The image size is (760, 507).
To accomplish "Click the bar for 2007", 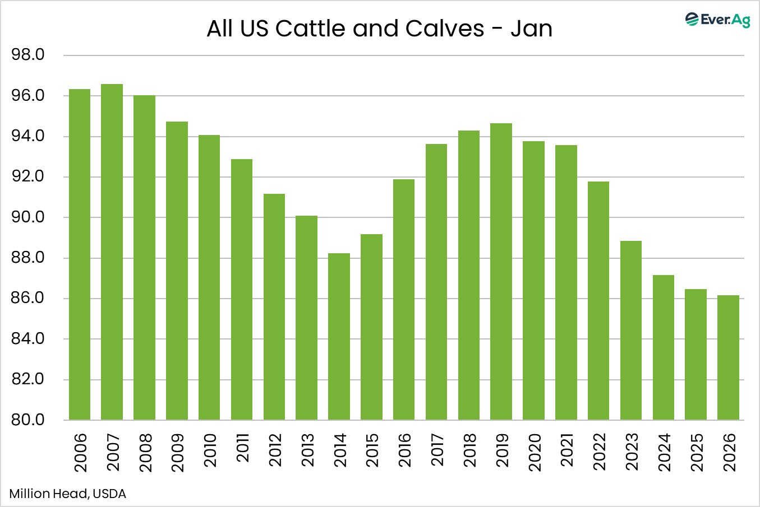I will click(x=112, y=252).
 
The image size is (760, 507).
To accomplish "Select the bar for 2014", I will click(x=339, y=336).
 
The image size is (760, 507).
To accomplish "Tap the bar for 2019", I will click(x=501, y=272).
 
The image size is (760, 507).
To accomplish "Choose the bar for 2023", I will click(x=630, y=331).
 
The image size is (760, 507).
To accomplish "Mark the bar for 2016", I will click(x=404, y=300).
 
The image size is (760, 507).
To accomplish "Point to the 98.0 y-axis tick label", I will click(x=28, y=55).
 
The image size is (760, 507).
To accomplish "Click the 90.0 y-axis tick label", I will click(x=28, y=217).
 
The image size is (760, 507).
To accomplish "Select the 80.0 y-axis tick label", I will click(x=28, y=420).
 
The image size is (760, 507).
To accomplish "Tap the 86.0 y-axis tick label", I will click(x=28, y=298).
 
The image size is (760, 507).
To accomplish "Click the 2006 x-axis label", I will click(x=80, y=452).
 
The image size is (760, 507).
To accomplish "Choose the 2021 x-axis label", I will click(x=567, y=452).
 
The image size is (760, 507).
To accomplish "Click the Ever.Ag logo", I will click(x=717, y=20).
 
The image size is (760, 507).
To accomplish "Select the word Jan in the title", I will click(x=531, y=29).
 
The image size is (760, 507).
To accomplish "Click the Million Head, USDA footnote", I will click(x=68, y=494).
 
